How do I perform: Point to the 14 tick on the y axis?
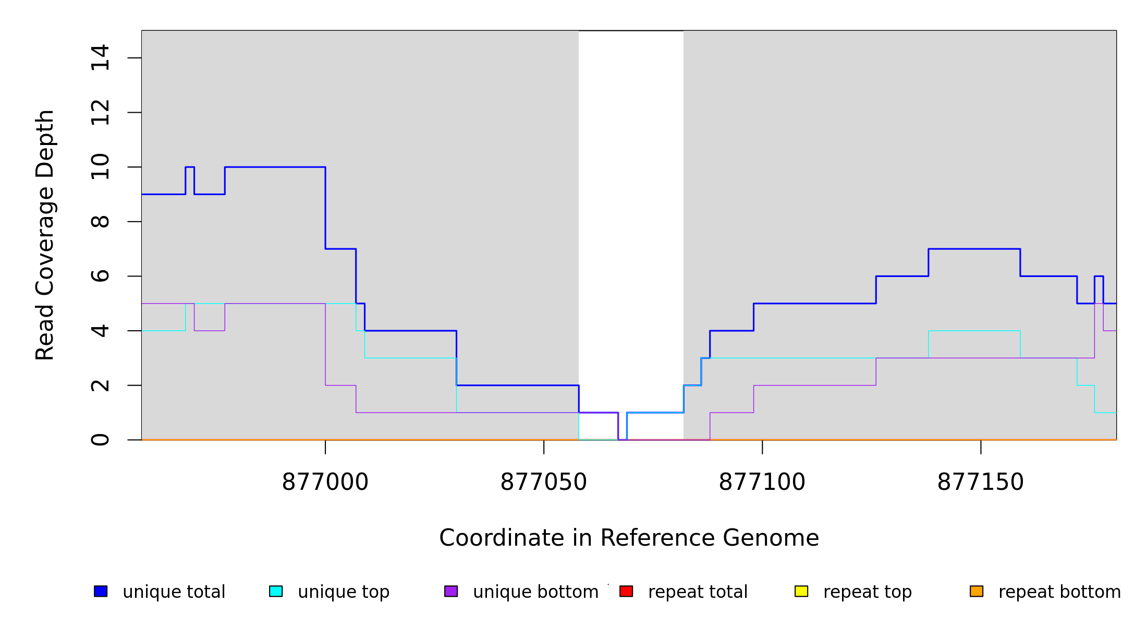point(100,58)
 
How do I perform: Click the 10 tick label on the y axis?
point(100,167)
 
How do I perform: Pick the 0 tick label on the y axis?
point(100,440)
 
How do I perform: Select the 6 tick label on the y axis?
point(100,276)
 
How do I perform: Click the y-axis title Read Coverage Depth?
point(45,235)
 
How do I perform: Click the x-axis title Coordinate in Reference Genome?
point(629,538)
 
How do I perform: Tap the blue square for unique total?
point(101,591)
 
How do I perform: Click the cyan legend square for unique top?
point(276,591)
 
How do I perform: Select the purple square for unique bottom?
point(451,591)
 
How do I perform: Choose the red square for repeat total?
point(626,591)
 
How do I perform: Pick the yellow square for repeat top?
point(801,591)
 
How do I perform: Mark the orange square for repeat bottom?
point(977,591)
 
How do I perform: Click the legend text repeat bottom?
point(1059,592)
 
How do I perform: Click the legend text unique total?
point(174,592)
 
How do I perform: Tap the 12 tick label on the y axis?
point(100,112)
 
